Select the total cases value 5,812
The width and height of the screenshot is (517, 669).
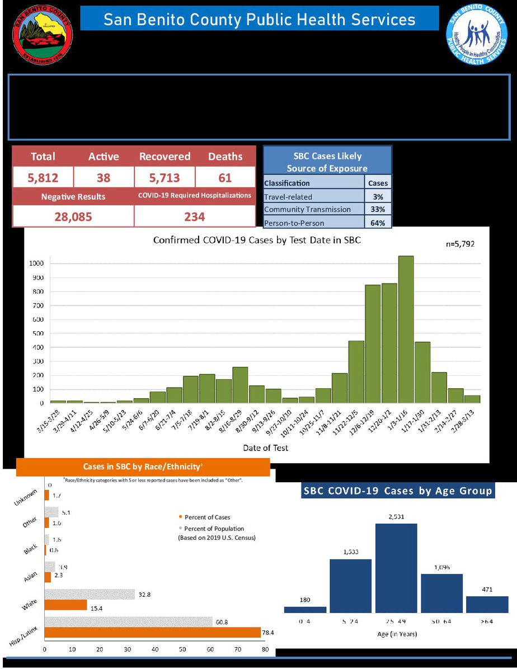(x=43, y=178)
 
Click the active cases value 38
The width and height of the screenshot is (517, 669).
(x=104, y=178)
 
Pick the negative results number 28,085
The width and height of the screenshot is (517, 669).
(x=73, y=216)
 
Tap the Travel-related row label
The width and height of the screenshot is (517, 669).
(x=288, y=196)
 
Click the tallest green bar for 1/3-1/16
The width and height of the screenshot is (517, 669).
(x=406, y=330)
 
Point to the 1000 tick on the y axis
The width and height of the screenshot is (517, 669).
(x=37, y=263)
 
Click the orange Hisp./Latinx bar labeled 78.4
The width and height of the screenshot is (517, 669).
(x=152, y=633)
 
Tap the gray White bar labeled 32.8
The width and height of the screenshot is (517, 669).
(x=90, y=594)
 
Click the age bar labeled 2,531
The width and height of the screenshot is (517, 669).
(x=396, y=568)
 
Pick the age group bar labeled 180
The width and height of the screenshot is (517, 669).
(x=305, y=609)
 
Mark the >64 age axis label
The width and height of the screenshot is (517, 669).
(x=487, y=621)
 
